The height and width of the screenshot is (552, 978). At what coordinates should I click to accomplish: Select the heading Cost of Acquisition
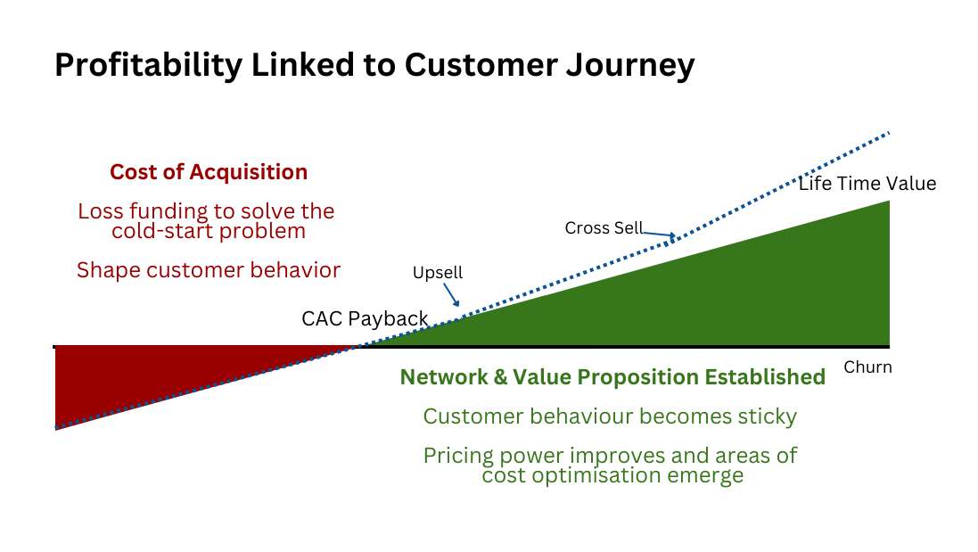(x=209, y=172)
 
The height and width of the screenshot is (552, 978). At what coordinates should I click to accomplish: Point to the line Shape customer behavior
(x=209, y=269)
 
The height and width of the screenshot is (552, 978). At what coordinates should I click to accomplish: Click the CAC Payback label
(x=365, y=318)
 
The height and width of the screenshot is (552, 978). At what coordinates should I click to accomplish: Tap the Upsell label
(x=438, y=273)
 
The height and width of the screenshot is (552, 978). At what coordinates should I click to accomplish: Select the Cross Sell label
(x=604, y=227)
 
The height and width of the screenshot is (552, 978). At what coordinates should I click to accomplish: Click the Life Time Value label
(x=867, y=184)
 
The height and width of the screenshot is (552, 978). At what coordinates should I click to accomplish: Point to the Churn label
(x=867, y=367)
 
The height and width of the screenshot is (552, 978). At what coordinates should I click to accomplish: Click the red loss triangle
(x=134, y=375)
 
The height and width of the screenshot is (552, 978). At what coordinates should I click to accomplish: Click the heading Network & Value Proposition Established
(x=612, y=377)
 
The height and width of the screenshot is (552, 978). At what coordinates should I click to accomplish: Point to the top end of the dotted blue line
(x=888, y=134)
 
